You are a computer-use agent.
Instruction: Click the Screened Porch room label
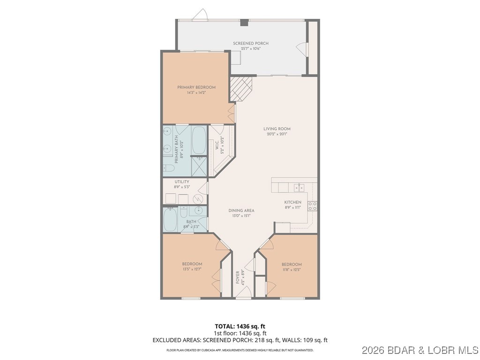[251, 44]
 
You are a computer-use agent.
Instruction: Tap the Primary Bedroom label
[196, 88]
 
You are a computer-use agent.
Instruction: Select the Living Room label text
[277, 129]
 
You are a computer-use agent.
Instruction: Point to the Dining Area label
[240, 210]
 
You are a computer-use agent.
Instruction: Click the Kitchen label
[293, 202]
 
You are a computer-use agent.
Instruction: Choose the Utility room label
[182, 181]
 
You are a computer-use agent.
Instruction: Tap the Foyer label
[238, 277]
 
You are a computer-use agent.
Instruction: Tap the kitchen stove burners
[313, 206]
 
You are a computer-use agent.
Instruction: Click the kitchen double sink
[299, 187]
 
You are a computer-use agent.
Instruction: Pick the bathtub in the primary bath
[199, 140]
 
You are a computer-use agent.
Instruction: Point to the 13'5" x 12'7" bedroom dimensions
[192, 269]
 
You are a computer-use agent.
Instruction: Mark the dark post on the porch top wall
[244, 22]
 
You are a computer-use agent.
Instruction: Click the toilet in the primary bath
[169, 167]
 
